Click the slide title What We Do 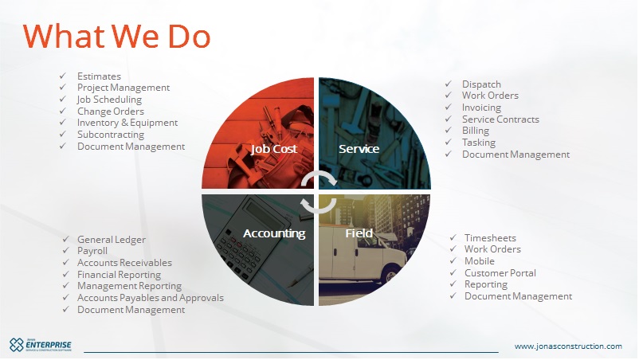(116, 37)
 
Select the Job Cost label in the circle (274, 149)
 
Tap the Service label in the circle (359, 149)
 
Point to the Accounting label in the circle (274, 233)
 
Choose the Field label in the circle (359, 233)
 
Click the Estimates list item (99, 76)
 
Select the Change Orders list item (111, 112)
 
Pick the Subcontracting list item (111, 135)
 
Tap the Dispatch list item (481, 84)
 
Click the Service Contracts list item (500, 119)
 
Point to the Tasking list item (478, 143)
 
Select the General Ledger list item (112, 240)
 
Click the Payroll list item (92, 251)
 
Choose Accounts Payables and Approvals (151, 298)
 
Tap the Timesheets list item (490, 238)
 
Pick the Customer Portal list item (500, 273)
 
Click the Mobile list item (480, 261)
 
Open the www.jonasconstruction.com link (568, 346)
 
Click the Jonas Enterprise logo (41, 345)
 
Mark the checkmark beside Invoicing (449, 107)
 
